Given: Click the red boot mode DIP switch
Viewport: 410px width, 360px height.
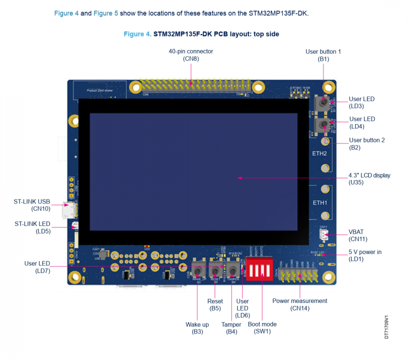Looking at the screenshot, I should pyautogui.click(x=259, y=269).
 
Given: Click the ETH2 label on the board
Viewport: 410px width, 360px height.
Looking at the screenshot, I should pyautogui.click(x=320, y=153).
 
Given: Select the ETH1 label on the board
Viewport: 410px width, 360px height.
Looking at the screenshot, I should pyautogui.click(x=320, y=203).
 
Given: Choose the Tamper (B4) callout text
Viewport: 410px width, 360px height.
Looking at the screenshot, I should pyautogui.click(x=231, y=328).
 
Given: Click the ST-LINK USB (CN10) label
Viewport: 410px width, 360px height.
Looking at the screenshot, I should pyautogui.click(x=32, y=205).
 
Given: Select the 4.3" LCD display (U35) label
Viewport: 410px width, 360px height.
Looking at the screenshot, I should pyautogui.click(x=369, y=179).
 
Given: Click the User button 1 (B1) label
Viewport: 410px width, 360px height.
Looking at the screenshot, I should pyautogui.click(x=323, y=55).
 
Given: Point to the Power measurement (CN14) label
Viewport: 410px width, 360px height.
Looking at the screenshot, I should pyautogui.click(x=299, y=304).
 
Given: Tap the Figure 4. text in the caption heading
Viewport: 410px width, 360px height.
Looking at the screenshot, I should pyautogui.click(x=137, y=34).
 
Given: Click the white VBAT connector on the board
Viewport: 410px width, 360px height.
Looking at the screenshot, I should pyautogui.click(x=324, y=235).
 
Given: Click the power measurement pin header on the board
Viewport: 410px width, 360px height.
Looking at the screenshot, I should pyautogui.click(x=300, y=274).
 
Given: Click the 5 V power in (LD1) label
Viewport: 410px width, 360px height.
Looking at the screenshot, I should pyautogui.click(x=365, y=255).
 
